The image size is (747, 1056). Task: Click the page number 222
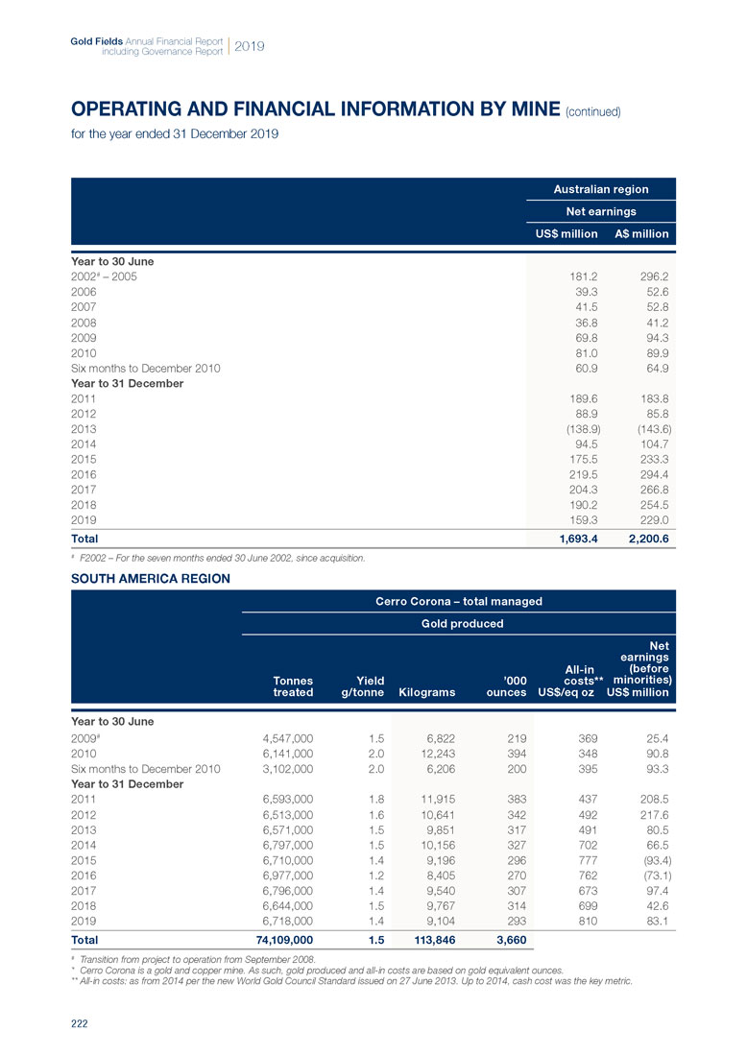[79, 1024]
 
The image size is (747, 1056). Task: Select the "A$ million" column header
[641, 233]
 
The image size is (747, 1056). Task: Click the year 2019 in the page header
[250, 46]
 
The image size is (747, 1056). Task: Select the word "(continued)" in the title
[594, 111]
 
